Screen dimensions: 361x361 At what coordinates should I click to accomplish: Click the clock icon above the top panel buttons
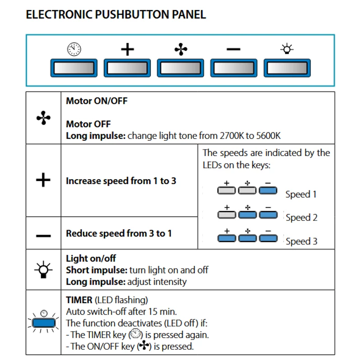[74, 49]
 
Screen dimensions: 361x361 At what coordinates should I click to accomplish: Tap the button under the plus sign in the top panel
[127, 68]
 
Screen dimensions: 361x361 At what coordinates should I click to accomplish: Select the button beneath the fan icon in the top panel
[180, 68]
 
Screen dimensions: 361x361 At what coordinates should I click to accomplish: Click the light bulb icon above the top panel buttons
[287, 49]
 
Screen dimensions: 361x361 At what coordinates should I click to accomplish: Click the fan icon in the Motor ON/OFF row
[43, 118]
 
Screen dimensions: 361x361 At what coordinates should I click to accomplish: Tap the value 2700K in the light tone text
[231, 136]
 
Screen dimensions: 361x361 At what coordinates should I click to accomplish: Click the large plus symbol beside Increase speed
[43, 180]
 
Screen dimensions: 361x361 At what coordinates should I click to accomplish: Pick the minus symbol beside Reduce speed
[43, 236]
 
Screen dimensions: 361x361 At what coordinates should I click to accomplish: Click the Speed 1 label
[301, 194]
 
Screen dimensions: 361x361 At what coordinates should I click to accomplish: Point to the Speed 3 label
[301, 241]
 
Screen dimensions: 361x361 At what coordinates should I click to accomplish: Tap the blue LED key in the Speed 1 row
[268, 190]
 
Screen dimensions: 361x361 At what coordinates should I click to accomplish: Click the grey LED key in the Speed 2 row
[227, 215]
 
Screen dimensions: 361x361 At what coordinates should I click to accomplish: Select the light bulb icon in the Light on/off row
[43, 269]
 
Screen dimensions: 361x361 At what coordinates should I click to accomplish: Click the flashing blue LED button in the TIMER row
[44, 323]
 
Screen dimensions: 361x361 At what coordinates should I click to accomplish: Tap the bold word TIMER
[79, 300]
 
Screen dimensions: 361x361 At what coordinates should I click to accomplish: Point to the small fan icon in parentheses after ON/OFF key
[144, 346]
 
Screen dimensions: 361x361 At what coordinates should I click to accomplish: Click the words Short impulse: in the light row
[97, 270]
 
